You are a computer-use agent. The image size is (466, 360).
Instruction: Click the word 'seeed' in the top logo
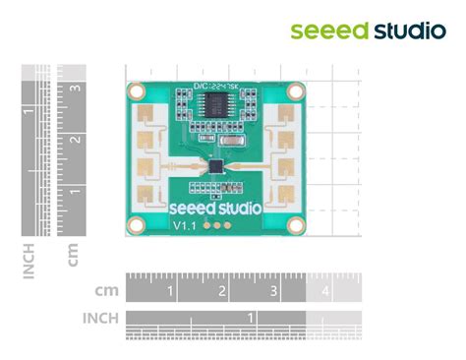click(328, 30)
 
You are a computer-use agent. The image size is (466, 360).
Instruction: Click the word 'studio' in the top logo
click(409, 30)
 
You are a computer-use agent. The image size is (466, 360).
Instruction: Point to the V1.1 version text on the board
click(186, 226)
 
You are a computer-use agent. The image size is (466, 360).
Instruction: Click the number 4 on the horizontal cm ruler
click(324, 292)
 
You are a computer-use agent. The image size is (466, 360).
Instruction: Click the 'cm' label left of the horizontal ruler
click(107, 291)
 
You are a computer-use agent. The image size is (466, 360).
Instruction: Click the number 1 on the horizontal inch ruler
click(252, 317)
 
